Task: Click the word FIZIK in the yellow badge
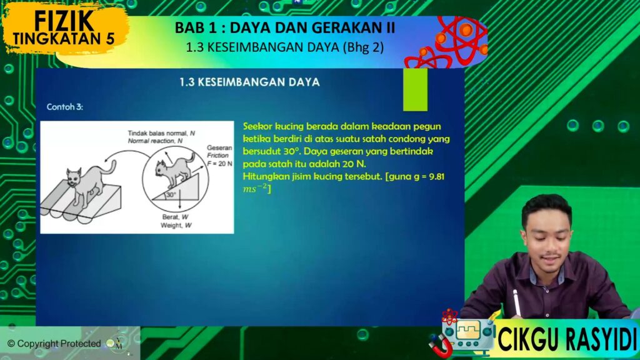[x=64, y=21]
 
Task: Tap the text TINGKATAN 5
[x=64, y=38]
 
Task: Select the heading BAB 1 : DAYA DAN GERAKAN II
[x=285, y=27]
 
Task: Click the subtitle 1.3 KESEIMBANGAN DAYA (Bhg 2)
[x=285, y=47]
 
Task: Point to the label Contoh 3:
[x=64, y=107]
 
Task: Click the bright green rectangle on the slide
[x=415, y=89]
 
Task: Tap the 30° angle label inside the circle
[x=171, y=195]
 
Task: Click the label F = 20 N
[x=219, y=164]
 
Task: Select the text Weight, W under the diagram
[x=176, y=225]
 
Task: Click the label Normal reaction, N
[x=155, y=141]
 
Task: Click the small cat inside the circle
[x=175, y=169]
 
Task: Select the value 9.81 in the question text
[x=437, y=177]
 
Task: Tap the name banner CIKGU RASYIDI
[x=566, y=339]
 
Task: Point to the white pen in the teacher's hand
[x=516, y=302]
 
